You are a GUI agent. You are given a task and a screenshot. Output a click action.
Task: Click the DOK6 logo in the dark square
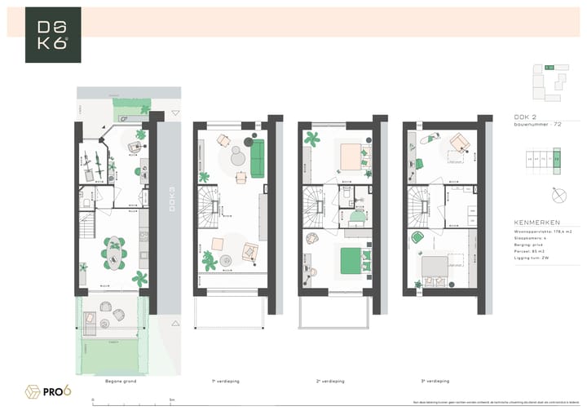pyautogui.click(x=53, y=35)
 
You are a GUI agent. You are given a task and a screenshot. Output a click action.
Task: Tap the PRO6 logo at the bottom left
pyautogui.click(x=48, y=391)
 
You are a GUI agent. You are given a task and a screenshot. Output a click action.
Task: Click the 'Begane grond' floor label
pyautogui.click(x=120, y=380)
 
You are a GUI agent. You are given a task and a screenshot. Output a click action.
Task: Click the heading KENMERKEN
pyautogui.click(x=536, y=222)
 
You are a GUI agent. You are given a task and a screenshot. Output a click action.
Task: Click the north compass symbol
pyautogui.click(x=558, y=196)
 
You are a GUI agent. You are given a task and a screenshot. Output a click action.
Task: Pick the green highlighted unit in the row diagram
pyautogui.click(x=557, y=160)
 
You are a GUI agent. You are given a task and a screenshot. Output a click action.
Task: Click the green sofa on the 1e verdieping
pyautogui.click(x=258, y=158)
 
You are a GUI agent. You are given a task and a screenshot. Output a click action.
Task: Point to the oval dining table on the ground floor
pyautogui.click(x=114, y=252)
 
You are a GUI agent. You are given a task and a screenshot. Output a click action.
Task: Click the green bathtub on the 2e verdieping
pyautogui.click(x=356, y=217)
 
